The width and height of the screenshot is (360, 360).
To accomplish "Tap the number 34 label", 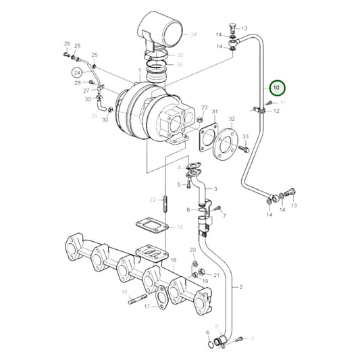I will [x=194, y=33].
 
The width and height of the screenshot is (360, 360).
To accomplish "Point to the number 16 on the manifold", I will [x=174, y=260].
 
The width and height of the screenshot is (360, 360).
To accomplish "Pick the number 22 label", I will [x=153, y=200].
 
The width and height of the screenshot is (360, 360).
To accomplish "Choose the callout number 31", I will [x=214, y=112].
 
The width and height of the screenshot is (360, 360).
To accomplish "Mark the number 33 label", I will [x=245, y=136].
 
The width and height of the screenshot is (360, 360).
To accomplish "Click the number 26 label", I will [x=67, y=44].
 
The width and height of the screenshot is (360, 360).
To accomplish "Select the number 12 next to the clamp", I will [x=276, y=111].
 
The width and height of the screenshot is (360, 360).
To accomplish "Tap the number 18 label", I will [x=124, y=292].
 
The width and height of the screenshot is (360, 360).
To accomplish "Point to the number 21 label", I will [x=217, y=275].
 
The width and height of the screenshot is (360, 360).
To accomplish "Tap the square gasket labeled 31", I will [x=209, y=133].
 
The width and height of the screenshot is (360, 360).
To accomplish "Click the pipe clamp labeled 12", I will [x=257, y=109].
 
